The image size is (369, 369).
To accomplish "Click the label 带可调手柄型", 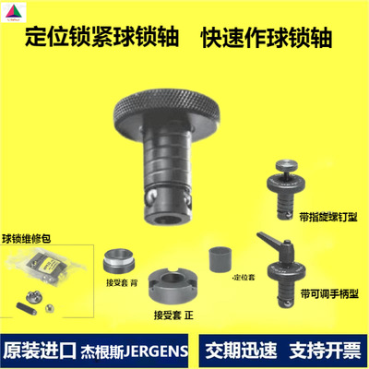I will (x=335, y=292).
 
